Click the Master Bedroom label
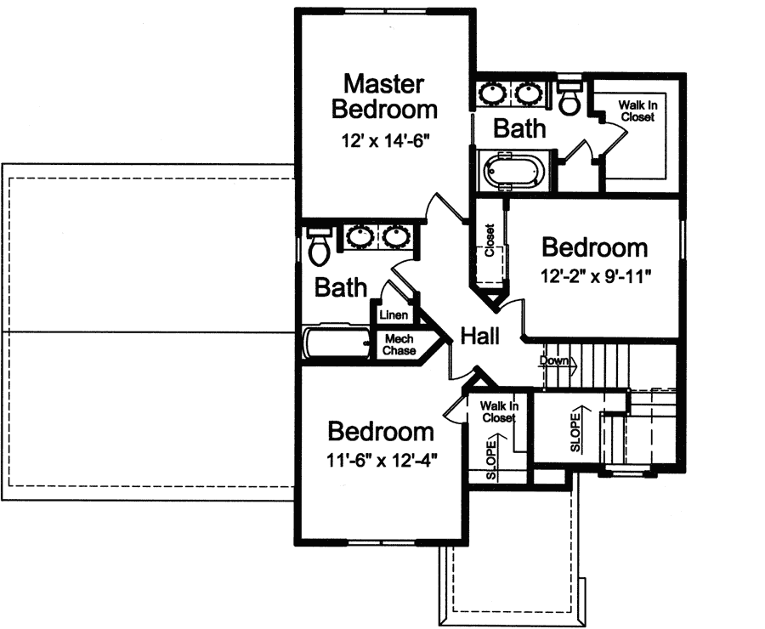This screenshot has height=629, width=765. click(x=384, y=96)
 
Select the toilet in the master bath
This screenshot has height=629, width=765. click(x=570, y=99)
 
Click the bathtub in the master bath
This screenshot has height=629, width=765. click(x=514, y=170)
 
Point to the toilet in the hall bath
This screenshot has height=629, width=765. click(x=320, y=246)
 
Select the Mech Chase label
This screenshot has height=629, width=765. click(x=398, y=344)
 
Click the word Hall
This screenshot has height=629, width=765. click(x=479, y=336)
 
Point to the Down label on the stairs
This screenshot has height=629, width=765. click(x=555, y=360)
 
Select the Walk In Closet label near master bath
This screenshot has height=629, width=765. click(x=637, y=111)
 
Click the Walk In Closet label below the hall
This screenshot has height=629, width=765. click(x=498, y=411)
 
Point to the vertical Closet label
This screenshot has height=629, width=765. click(x=490, y=241)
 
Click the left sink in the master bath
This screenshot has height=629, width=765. click(x=492, y=91)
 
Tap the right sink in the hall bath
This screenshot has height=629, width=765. click(x=397, y=236)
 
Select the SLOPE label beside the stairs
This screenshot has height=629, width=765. click(x=575, y=431)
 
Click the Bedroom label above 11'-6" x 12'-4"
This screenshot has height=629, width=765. click(x=381, y=432)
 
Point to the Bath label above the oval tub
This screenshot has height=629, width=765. click(x=519, y=129)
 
